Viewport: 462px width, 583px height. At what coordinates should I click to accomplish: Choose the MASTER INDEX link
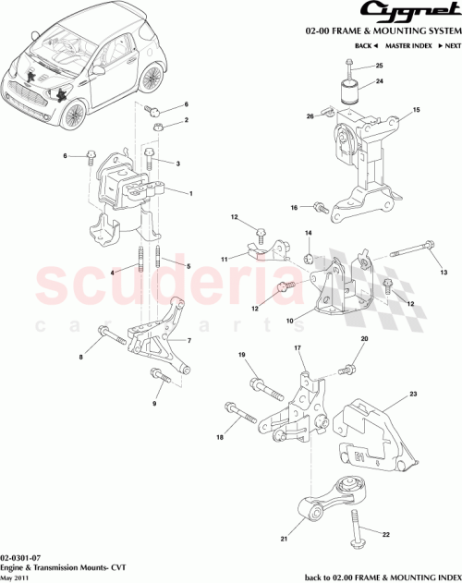coord(407,45)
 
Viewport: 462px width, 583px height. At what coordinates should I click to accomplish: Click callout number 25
coord(379,67)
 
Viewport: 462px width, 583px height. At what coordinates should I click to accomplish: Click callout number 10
coord(290,322)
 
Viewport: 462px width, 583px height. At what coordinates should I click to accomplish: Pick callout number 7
coord(189,340)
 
